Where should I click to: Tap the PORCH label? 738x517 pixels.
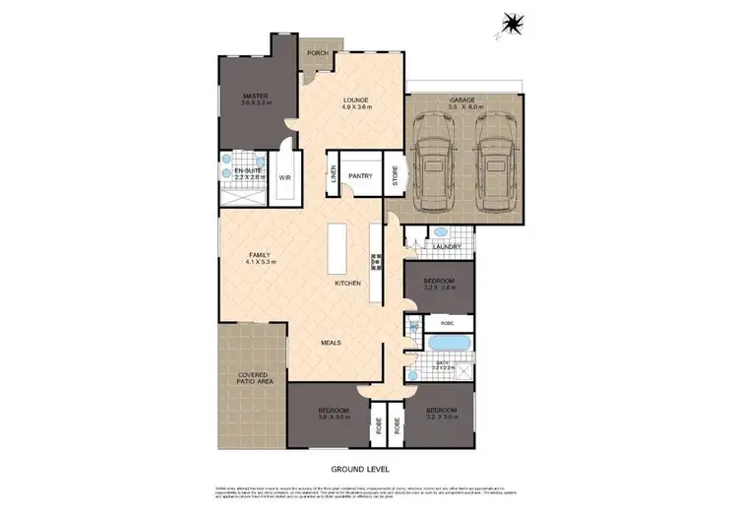coord(317,53)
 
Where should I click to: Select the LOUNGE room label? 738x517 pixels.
coord(356,99)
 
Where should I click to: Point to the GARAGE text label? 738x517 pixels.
coord(462,100)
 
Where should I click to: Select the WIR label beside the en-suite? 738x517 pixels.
coord(284,178)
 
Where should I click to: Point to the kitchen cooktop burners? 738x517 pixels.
coord(375,261)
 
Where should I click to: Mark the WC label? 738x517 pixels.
coord(414,325)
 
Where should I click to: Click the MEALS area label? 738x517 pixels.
coord(331,342)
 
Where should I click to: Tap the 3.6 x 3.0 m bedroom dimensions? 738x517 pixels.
coord(333,419)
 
